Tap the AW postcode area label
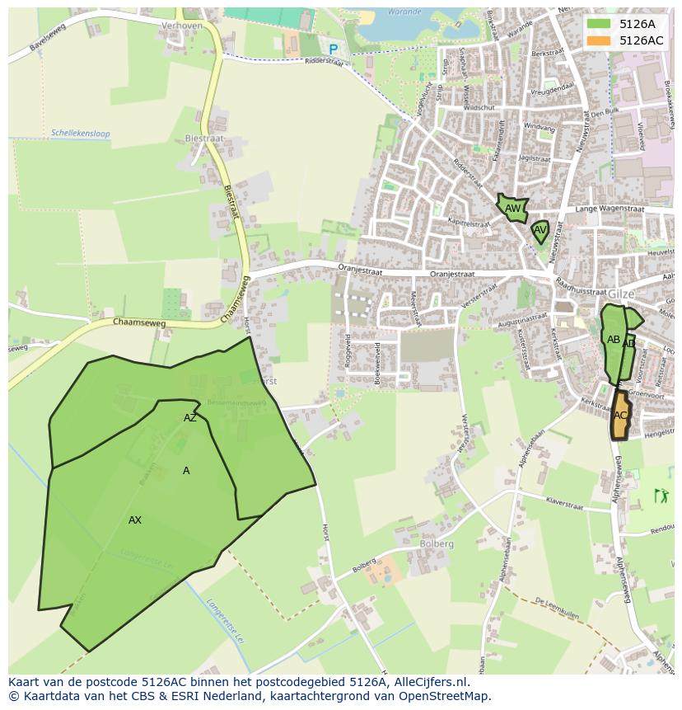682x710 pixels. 512,209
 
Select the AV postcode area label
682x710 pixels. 540,230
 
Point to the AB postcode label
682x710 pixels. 613,339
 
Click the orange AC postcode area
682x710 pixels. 620,415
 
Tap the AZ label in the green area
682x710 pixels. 190,418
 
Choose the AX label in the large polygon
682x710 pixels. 135,520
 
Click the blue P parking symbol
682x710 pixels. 333,49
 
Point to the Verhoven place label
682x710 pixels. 182,26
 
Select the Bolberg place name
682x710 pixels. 436,544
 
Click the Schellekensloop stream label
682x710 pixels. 80,133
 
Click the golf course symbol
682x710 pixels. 661,496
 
